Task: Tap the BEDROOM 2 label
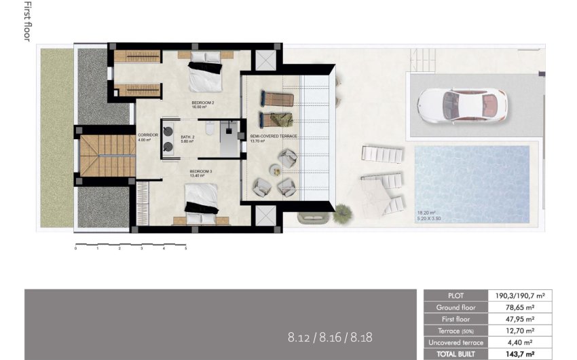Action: tap(203, 103)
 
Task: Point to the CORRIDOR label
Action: tap(147, 134)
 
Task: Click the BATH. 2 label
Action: tap(188, 137)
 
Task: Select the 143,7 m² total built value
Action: tap(521, 354)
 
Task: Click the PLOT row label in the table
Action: tap(456, 295)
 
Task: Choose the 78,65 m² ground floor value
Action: tap(521, 307)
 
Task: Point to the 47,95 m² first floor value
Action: tap(521, 319)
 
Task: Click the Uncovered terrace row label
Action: tap(456, 342)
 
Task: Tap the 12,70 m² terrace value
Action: tap(521, 331)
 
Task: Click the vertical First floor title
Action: tap(28, 22)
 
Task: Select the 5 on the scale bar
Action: tap(185, 249)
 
